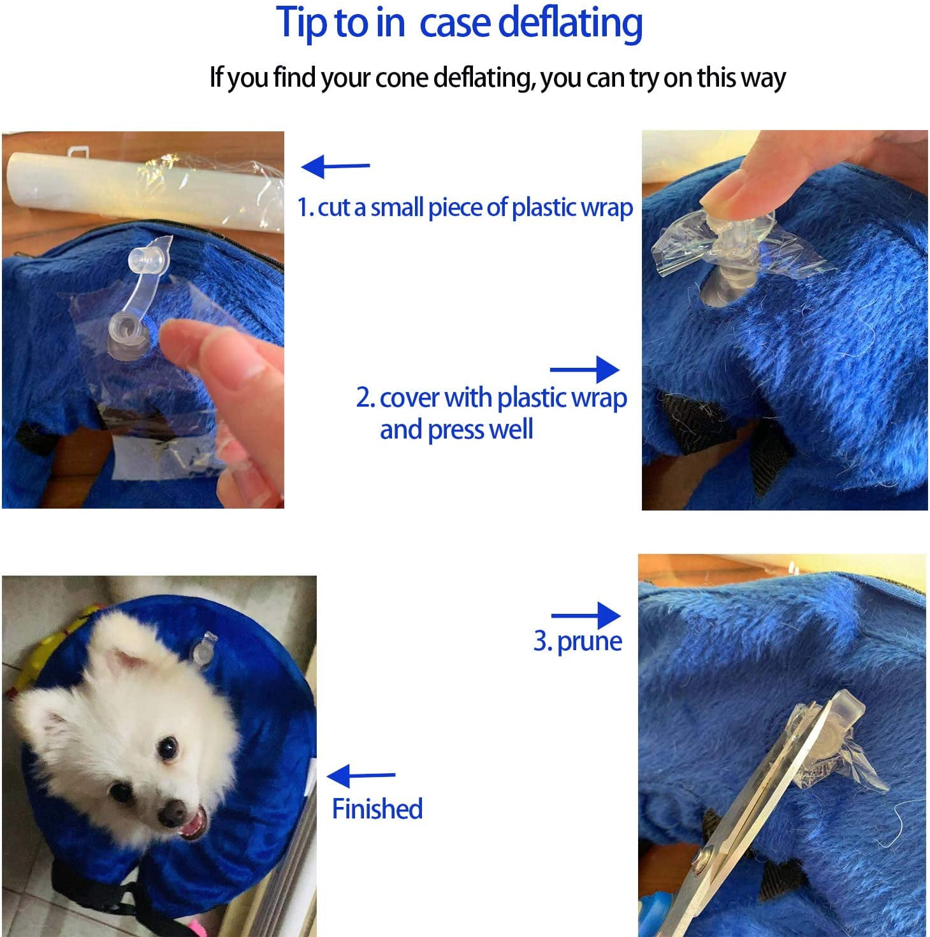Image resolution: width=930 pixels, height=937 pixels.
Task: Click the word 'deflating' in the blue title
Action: tap(570, 24)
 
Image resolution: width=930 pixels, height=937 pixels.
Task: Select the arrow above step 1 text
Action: tap(336, 166)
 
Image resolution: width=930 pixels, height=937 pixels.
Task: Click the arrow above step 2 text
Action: tap(585, 370)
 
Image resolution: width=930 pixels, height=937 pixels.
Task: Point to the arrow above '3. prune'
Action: tap(586, 616)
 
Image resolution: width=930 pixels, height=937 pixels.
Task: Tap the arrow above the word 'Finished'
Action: tap(361, 776)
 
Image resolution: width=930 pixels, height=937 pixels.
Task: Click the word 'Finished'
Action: tap(377, 809)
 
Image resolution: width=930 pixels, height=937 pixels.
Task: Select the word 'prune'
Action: tap(589, 643)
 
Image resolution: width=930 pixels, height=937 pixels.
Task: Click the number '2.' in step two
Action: tap(366, 397)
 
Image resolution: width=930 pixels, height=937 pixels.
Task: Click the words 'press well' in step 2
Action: tap(480, 430)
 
